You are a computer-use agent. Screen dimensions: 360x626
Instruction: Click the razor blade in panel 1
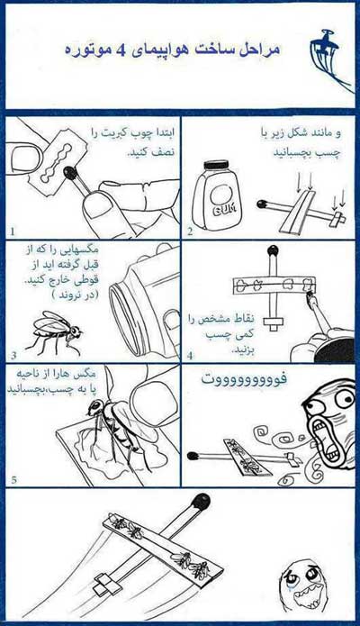[56, 163]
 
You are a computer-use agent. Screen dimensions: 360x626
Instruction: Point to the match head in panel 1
[70, 172]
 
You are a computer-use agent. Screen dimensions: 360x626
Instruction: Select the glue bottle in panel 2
[216, 194]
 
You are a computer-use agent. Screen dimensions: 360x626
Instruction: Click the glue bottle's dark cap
[216, 165]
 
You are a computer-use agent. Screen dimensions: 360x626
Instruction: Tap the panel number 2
[190, 231]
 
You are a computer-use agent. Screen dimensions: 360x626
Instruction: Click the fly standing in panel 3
[55, 332]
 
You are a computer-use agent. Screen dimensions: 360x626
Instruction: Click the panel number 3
[14, 355]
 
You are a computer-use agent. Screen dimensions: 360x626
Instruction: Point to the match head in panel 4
[273, 251]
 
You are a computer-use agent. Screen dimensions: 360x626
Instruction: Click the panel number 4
[190, 355]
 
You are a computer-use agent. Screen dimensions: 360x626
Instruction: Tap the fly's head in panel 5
[94, 407]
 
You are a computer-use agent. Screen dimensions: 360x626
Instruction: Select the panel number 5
[14, 479]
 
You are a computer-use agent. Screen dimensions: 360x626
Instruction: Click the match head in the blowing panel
[193, 455]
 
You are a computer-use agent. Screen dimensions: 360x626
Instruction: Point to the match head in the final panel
[201, 502]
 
